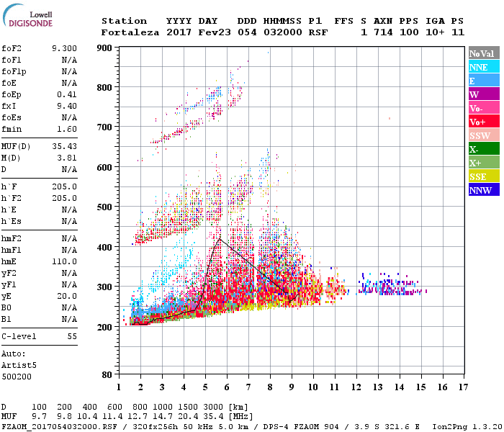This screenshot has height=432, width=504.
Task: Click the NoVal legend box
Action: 483,53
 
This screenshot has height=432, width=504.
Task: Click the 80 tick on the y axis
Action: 107,374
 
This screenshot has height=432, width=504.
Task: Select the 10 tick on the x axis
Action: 312,387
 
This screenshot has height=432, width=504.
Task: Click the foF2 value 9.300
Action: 64,48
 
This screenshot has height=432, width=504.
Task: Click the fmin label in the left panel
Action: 12,129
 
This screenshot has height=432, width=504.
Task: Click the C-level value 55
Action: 71,336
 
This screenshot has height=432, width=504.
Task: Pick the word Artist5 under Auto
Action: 18,365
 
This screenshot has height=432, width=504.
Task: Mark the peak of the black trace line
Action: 220,238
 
